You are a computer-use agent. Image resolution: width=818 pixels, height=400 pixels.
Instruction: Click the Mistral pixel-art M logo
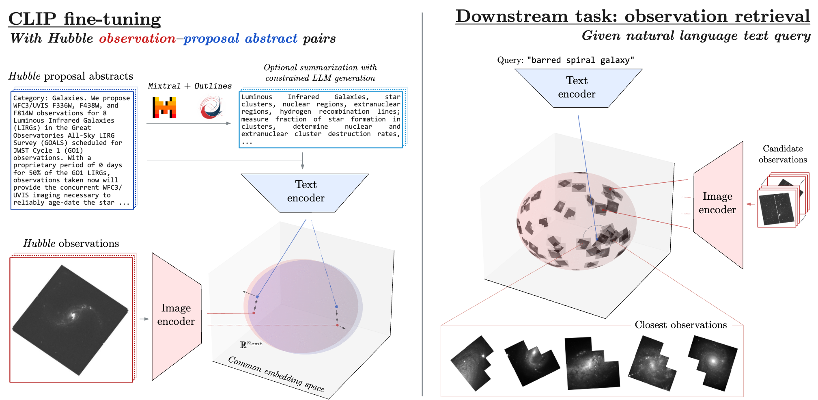[164, 108]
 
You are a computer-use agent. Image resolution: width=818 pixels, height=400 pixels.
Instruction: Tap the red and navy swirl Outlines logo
[211, 107]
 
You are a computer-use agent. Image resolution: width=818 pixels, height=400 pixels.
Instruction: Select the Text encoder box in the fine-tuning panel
[305, 192]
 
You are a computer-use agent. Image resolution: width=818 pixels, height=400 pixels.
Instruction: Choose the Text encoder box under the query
[577, 88]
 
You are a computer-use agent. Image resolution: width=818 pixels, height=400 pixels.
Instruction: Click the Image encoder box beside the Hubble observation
[176, 315]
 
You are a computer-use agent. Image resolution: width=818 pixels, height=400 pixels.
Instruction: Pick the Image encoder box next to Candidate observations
[717, 203]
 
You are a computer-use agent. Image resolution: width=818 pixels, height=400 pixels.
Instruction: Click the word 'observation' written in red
[137, 39]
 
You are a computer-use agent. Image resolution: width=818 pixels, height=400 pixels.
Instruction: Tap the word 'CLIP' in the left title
[32, 19]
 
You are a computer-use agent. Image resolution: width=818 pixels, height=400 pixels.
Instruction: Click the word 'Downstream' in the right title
[511, 16]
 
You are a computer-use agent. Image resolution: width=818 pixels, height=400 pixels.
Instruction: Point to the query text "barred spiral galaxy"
[580, 61]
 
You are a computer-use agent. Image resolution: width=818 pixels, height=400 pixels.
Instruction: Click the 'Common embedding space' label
[276, 374]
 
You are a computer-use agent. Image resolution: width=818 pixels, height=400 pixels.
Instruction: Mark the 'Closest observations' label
[680, 325]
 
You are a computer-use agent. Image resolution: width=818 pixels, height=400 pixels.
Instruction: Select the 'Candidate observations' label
[782, 154]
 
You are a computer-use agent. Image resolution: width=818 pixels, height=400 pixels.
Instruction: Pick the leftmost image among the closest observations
[472, 363]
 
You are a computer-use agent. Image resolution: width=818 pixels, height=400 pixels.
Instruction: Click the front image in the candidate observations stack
[777, 208]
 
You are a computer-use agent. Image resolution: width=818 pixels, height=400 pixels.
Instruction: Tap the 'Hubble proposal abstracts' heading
[71, 76]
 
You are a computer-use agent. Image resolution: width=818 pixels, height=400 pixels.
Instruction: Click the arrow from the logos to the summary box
[189, 123]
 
